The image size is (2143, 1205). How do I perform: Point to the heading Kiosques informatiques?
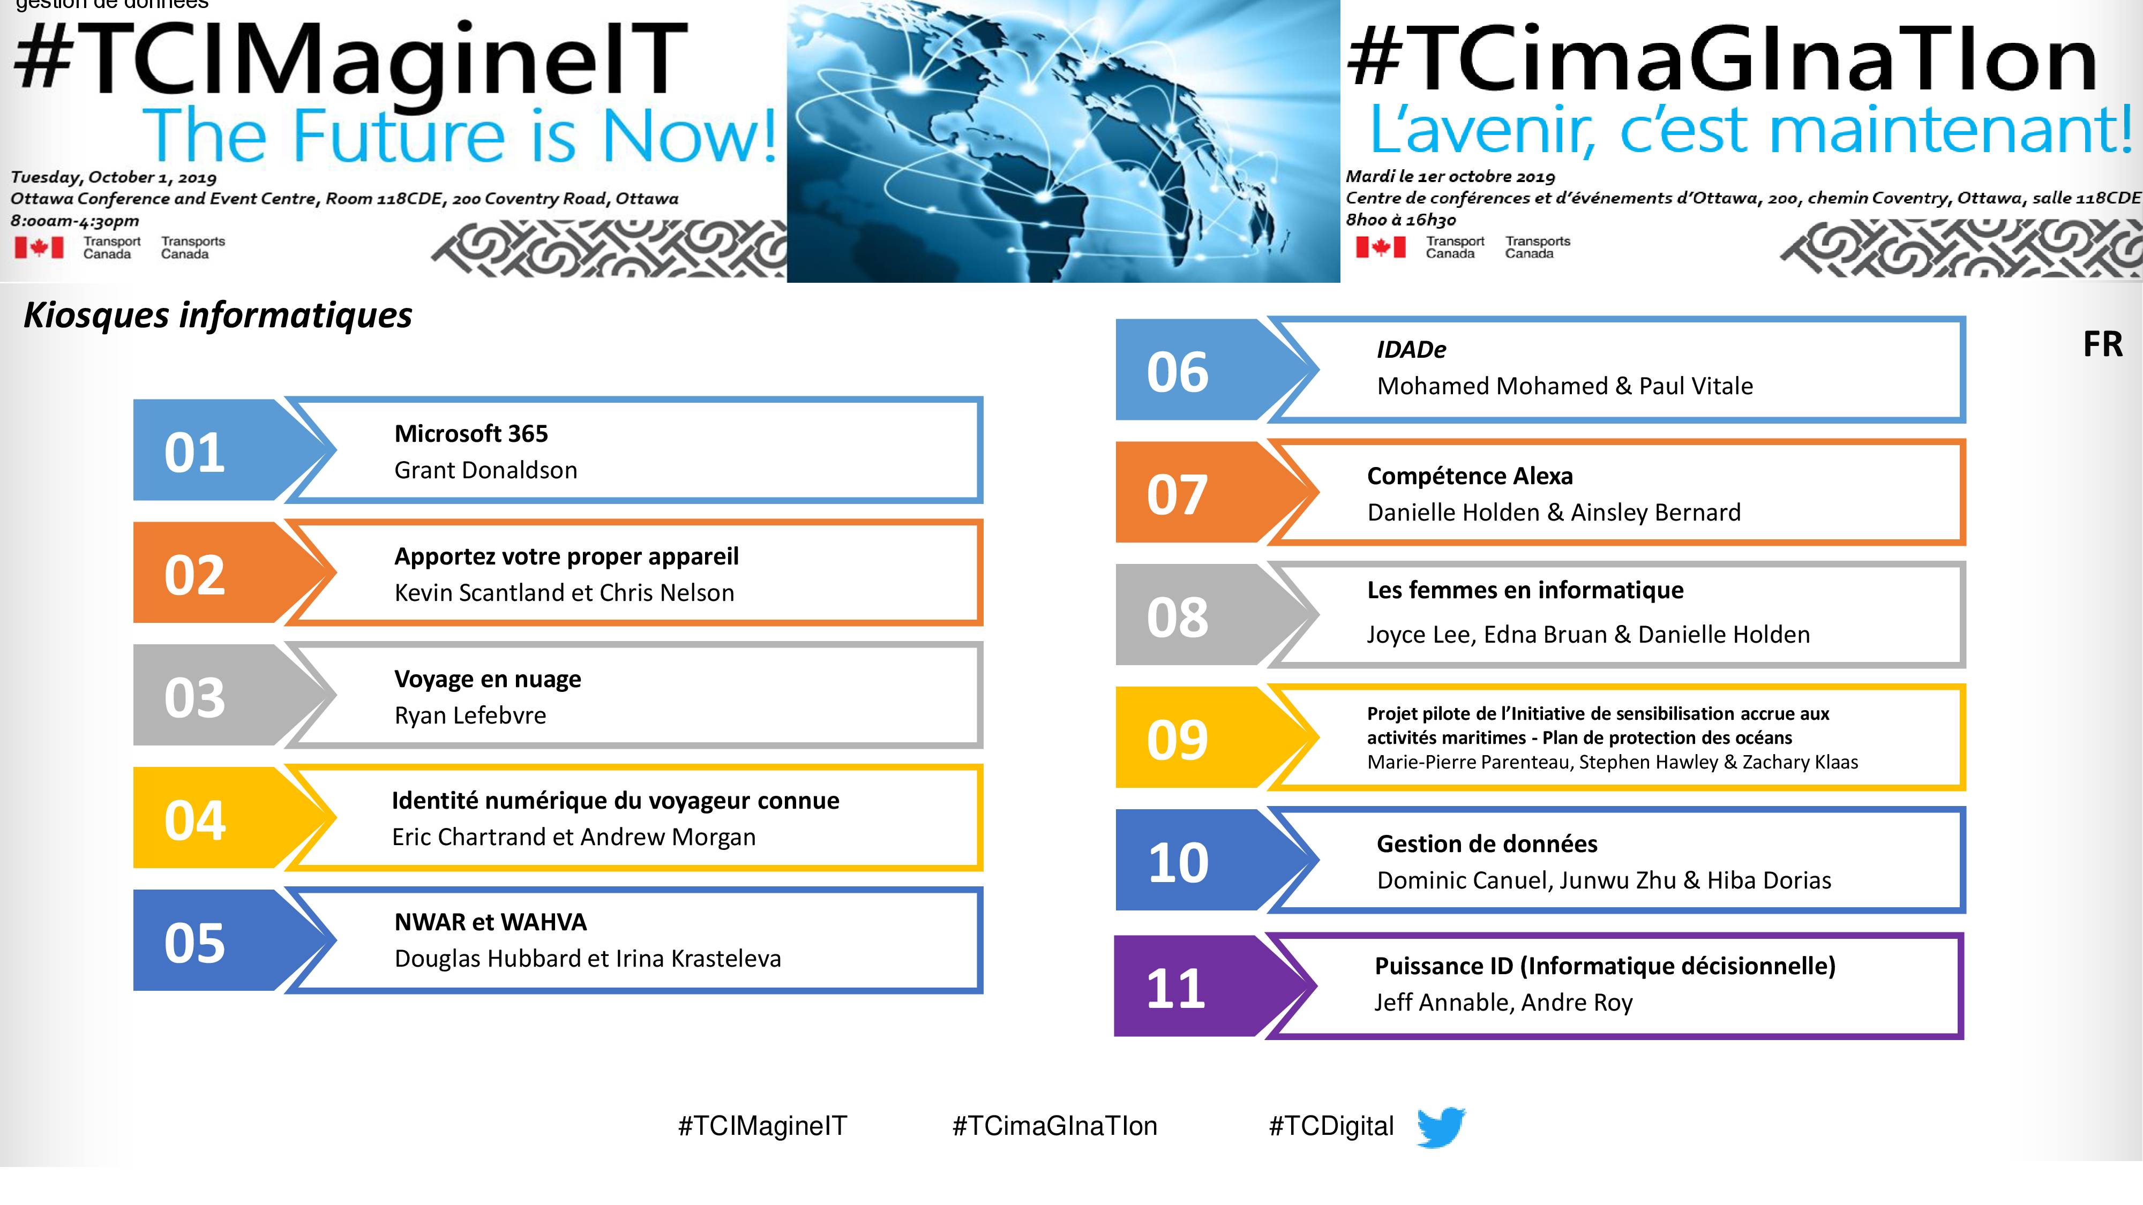click(x=218, y=315)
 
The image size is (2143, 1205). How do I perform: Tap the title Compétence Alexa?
click(x=1470, y=477)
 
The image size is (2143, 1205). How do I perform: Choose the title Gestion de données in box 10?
click(x=1487, y=844)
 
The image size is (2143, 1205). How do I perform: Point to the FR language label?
click(x=2102, y=344)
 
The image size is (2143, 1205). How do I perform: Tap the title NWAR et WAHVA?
click(x=491, y=922)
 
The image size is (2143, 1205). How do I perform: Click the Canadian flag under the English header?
click(x=38, y=247)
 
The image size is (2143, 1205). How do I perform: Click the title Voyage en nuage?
click(x=488, y=680)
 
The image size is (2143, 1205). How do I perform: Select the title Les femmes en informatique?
click(x=1525, y=590)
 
